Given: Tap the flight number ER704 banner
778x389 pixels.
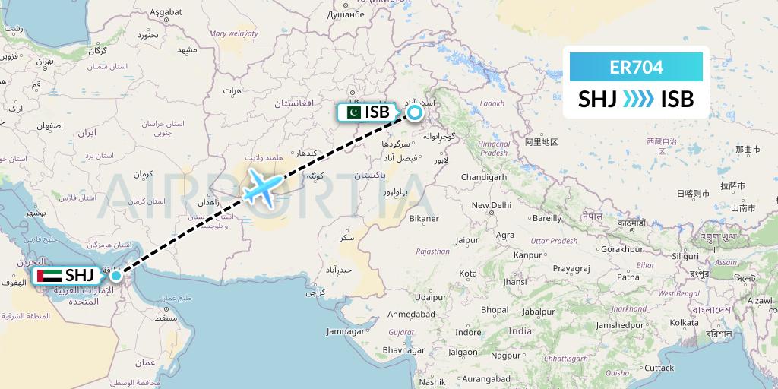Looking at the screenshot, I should pos(637,68).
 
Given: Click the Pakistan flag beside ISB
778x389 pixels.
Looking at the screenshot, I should pos(351,112).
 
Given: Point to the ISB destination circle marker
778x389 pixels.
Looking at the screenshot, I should pos(414,112).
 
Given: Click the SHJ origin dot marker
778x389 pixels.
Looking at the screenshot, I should pos(115,275).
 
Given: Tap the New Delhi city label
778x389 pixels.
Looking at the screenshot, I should pos(491,205).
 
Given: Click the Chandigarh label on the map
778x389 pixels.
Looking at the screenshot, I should pos(483,177).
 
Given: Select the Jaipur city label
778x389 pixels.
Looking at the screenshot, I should pos(466,239).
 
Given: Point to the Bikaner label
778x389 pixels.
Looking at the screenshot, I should pos(423,219).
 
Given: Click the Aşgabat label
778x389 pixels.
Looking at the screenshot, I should pos(166,13).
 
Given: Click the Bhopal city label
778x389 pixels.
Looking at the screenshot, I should pos(494,310).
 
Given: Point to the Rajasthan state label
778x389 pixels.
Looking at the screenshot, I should pos(432,251).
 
